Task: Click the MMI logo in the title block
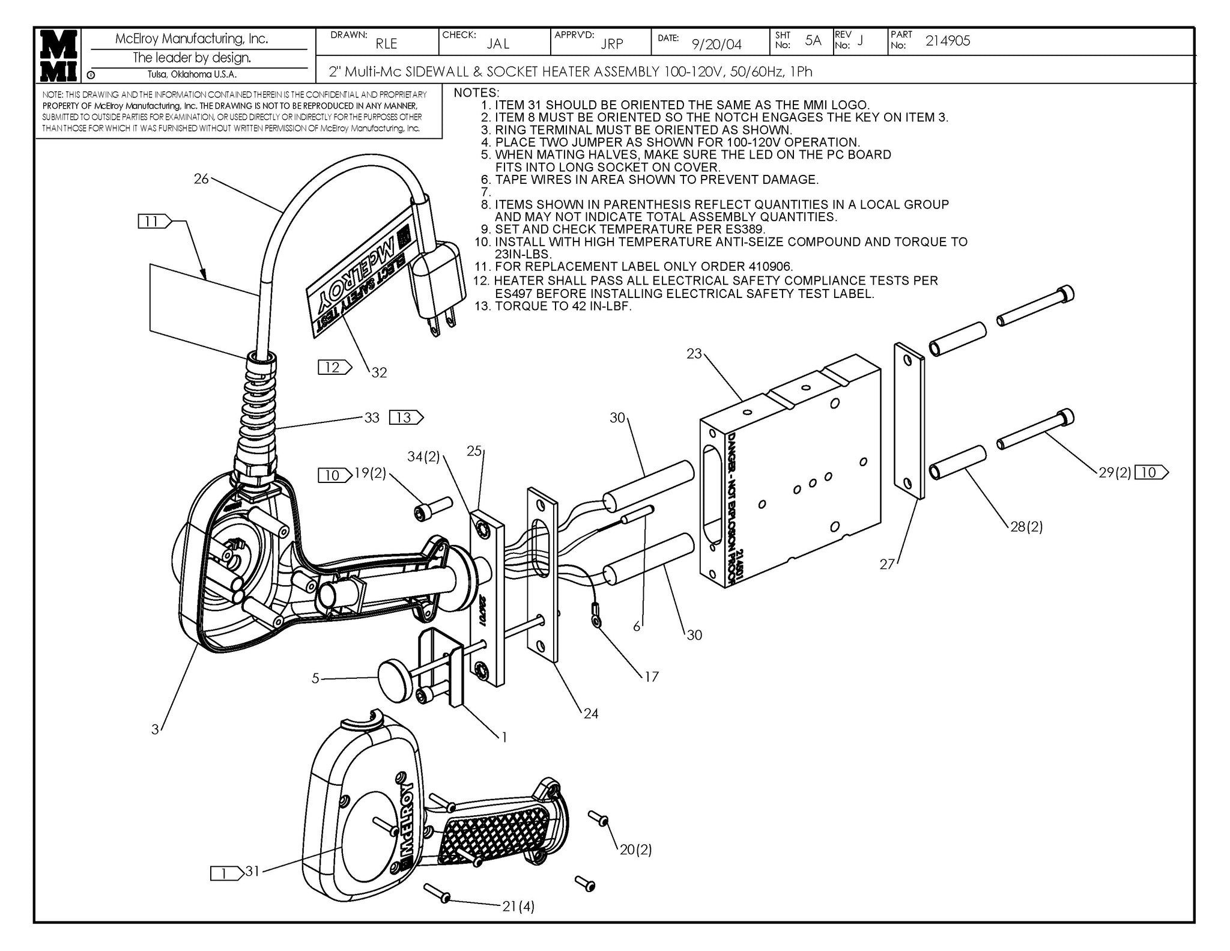pyautogui.click(x=58, y=55)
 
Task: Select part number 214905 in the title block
pyautogui.click(x=947, y=41)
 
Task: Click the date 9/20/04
pyautogui.click(x=716, y=44)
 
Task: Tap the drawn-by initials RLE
pyautogui.click(x=386, y=44)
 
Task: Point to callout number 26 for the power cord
pyautogui.click(x=201, y=178)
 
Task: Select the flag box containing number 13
pyautogui.click(x=406, y=417)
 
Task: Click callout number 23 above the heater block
pyautogui.click(x=694, y=354)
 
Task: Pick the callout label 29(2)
pyautogui.click(x=1115, y=473)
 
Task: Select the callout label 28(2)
pyautogui.click(x=1026, y=527)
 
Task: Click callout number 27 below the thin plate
pyautogui.click(x=887, y=564)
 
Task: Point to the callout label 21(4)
pyautogui.click(x=518, y=906)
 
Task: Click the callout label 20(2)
pyautogui.click(x=635, y=849)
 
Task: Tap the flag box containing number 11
pyautogui.click(x=154, y=222)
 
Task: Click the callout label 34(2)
pyautogui.click(x=424, y=457)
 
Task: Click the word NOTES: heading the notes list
pyautogui.click(x=476, y=93)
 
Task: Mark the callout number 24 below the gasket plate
pyautogui.click(x=591, y=713)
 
